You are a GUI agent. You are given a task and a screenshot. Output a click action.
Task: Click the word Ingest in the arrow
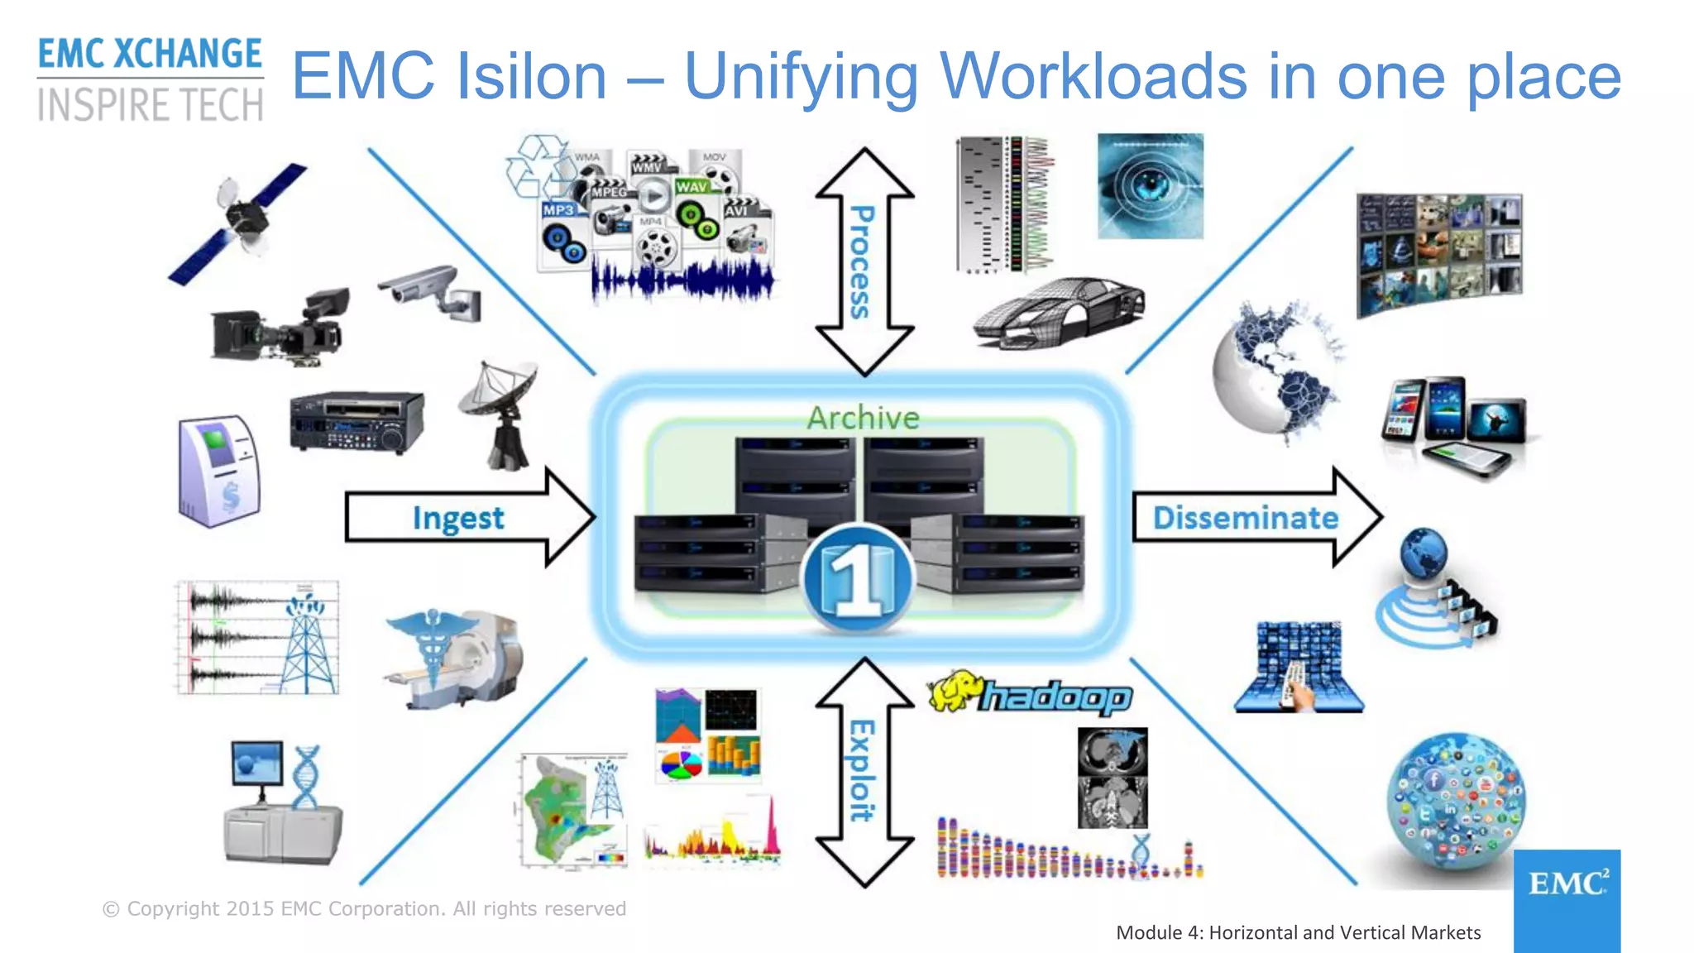pyautogui.click(x=457, y=519)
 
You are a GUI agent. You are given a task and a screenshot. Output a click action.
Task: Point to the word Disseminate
pyautogui.click(x=1245, y=518)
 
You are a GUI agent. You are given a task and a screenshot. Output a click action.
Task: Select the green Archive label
pyautogui.click(x=863, y=418)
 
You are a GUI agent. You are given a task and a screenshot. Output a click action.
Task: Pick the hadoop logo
pyautogui.click(x=1030, y=695)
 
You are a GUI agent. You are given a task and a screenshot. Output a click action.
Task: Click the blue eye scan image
pyautogui.click(x=1150, y=186)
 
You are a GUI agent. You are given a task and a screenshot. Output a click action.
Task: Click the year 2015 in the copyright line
pyautogui.click(x=250, y=908)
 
